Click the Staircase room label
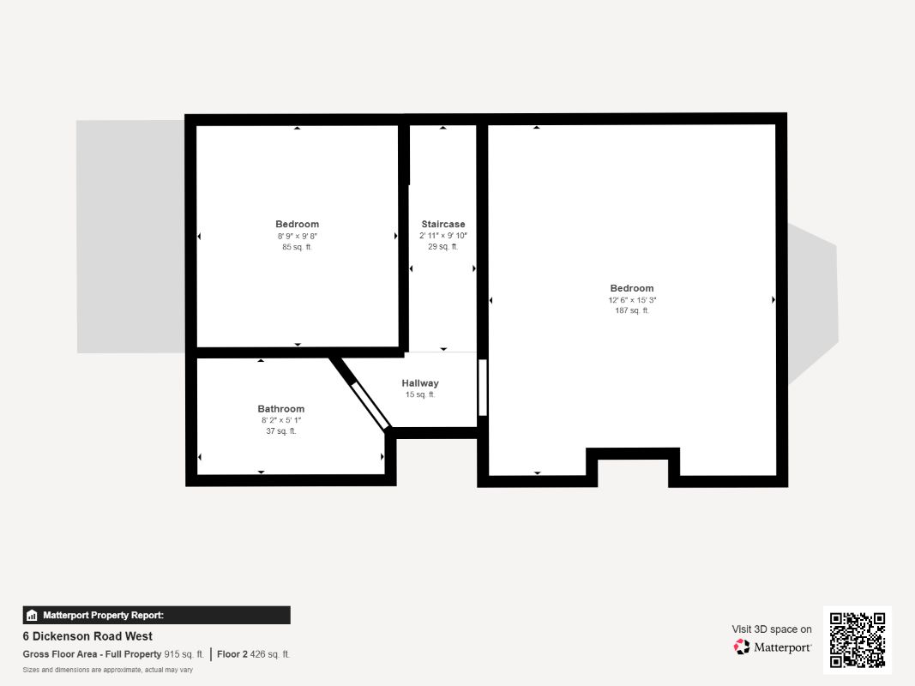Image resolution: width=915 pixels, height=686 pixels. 443,224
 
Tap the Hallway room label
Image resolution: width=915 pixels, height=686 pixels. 420,383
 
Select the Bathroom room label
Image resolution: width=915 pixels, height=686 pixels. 281,409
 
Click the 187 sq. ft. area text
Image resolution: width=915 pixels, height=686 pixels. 632,310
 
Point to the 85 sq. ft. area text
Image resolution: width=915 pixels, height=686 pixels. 297,247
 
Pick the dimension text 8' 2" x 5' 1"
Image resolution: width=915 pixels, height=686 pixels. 281,420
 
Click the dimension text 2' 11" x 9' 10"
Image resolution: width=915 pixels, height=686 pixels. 443,236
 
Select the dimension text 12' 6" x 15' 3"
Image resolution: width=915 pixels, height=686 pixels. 632,300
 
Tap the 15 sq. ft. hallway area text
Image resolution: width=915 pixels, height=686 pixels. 420,394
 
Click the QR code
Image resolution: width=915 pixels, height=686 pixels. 858,640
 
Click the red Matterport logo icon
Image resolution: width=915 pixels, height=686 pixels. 742,647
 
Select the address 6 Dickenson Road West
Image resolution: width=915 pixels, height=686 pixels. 87,635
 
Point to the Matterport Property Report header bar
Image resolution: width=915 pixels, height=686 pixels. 156,615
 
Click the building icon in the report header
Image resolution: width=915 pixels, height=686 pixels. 32,615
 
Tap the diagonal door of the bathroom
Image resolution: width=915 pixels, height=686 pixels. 370,406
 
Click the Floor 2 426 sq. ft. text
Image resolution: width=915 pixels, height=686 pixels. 253,654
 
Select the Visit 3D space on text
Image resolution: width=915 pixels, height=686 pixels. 772,629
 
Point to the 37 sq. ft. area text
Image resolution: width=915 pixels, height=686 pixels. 281,431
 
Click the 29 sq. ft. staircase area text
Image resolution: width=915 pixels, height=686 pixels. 443,247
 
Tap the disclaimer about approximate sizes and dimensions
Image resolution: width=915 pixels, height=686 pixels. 107,670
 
